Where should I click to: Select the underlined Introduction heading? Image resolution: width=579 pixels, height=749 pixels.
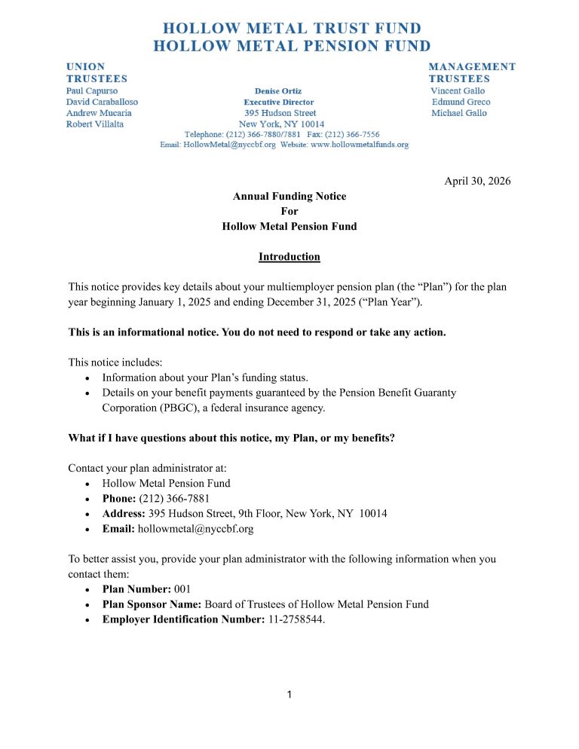click(x=289, y=257)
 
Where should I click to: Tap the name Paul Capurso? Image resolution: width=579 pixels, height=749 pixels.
click(x=92, y=90)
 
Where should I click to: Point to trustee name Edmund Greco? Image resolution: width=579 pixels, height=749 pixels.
click(x=461, y=102)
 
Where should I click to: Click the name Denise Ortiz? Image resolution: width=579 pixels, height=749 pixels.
click(x=278, y=90)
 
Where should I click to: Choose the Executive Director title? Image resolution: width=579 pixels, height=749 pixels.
click(x=278, y=102)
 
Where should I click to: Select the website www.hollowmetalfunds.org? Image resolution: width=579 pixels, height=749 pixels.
click(x=360, y=144)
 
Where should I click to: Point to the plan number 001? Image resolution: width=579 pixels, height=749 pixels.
click(x=184, y=589)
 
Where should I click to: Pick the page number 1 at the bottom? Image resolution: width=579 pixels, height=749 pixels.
click(x=289, y=694)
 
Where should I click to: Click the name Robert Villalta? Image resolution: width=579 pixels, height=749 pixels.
click(x=95, y=124)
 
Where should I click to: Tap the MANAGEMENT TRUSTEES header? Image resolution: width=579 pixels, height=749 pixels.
click(x=472, y=72)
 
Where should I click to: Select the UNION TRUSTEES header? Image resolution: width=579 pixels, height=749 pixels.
click(x=96, y=72)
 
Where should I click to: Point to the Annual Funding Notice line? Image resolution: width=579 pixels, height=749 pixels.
click(x=289, y=196)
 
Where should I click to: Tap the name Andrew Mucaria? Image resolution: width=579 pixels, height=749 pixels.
click(x=99, y=113)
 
